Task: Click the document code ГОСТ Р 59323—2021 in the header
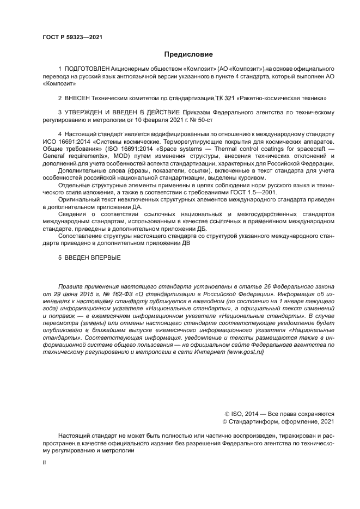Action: [x=72, y=37]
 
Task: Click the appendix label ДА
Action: [x=138, y=207]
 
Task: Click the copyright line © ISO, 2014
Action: [x=248, y=413]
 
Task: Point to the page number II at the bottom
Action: [x=44, y=461]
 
